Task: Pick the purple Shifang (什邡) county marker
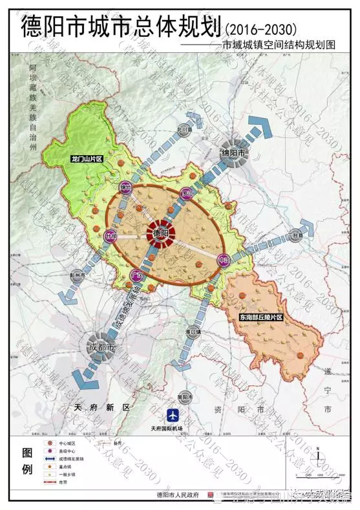110,237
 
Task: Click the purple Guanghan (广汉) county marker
135,276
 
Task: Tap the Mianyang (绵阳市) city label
233,153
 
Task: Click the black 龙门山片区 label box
87,158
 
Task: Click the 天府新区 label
101,408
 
